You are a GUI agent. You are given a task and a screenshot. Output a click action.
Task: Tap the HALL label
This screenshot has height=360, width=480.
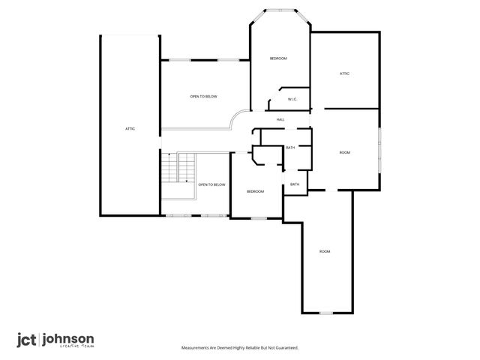pyautogui.click(x=280, y=120)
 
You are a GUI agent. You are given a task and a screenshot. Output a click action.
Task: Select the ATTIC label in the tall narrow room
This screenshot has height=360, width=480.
pyautogui.click(x=130, y=129)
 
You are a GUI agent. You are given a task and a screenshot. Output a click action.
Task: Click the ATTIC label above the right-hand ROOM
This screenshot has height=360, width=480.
pyautogui.click(x=345, y=73)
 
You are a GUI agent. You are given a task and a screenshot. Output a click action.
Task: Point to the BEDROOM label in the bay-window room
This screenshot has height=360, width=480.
pyautogui.click(x=278, y=58)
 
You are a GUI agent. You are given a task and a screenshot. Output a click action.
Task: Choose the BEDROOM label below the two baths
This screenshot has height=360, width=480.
pyautogui.click(x=256, y=191)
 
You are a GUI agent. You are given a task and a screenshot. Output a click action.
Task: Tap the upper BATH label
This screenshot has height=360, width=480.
pyautogui.click(x=290, y=148)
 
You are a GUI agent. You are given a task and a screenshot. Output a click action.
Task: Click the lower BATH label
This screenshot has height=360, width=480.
pyautogui.click(x=295, y=184)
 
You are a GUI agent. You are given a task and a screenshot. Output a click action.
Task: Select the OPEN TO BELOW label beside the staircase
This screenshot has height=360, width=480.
pyautogui.click(x=211, y=184)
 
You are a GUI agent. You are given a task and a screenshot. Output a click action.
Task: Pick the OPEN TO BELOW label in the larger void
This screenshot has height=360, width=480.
pyautogui.click(x=203, y=97)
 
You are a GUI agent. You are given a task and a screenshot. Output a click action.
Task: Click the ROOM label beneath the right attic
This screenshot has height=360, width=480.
pyautogui.click(x=345, y=153)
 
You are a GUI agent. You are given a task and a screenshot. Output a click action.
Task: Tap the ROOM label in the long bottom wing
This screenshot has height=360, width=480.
pyautogui.click(x=325, y=251)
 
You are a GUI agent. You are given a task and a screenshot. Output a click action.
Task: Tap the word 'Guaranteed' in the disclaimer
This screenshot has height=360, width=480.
pyautogui.click(x=284, y=348)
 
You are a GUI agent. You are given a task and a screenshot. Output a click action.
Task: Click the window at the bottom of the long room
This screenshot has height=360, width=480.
pyautogui.click(x=327, y=312)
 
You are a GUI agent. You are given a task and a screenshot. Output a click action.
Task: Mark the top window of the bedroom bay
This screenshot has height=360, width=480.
pyautogui.click(x=280, y=10)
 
